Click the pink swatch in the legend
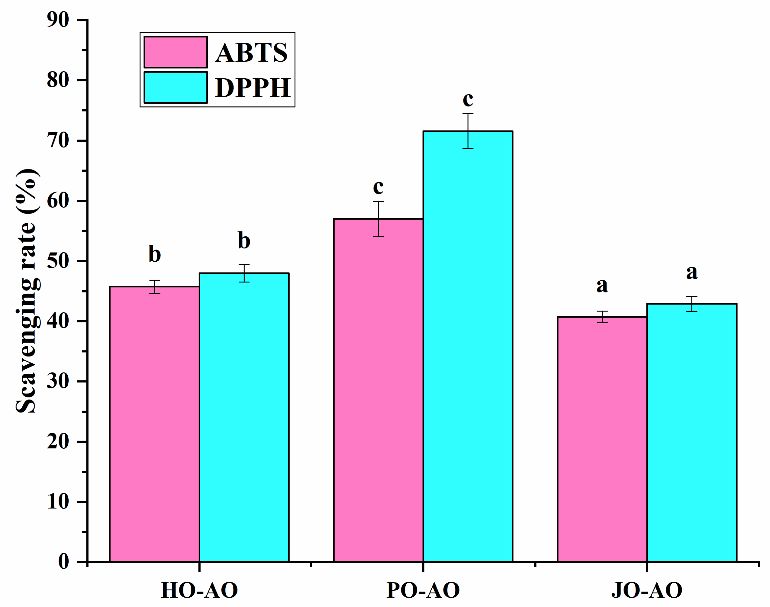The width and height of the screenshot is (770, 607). point(176,52)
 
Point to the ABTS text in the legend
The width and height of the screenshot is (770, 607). point(251,53)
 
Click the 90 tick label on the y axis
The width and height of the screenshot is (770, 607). point(58,20)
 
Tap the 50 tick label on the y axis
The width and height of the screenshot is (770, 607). point(58,261)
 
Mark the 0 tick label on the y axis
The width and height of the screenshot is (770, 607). point(64,562)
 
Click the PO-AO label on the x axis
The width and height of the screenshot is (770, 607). point(423,590)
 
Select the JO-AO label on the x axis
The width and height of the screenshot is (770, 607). point(647,590)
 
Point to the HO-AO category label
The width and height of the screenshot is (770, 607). point(199,590)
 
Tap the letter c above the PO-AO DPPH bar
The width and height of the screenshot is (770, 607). point(468,99)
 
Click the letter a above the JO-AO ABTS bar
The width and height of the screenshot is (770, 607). point(602,286)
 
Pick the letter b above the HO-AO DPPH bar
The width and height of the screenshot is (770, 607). point(244,241)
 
